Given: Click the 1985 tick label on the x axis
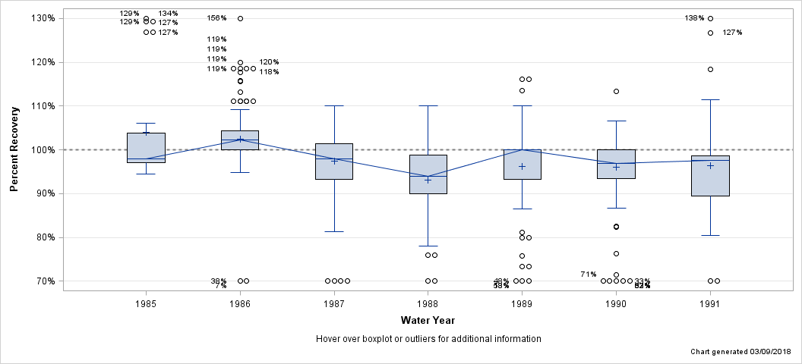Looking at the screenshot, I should [146, 303].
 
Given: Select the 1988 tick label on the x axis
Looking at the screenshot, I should [428, 303].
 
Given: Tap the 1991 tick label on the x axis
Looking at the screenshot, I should [710, 303].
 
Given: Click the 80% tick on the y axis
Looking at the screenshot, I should [46, 237].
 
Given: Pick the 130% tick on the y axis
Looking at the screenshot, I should [43, 18].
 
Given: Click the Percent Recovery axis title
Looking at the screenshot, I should [15, 149].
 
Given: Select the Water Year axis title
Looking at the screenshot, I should [428, 321].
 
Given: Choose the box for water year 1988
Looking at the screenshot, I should [428, 174].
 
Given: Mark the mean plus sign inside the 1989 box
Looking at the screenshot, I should [522, 166].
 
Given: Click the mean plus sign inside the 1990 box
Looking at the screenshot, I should [616, 167].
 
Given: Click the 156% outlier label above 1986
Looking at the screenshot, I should [216, 18].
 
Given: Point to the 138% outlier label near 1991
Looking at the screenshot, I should [695, 18].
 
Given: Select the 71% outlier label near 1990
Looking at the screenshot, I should [588, 275].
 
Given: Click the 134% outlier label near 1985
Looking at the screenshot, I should [168, 14].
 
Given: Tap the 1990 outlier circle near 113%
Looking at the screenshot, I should [616, 91].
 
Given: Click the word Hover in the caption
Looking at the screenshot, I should [328, 339].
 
